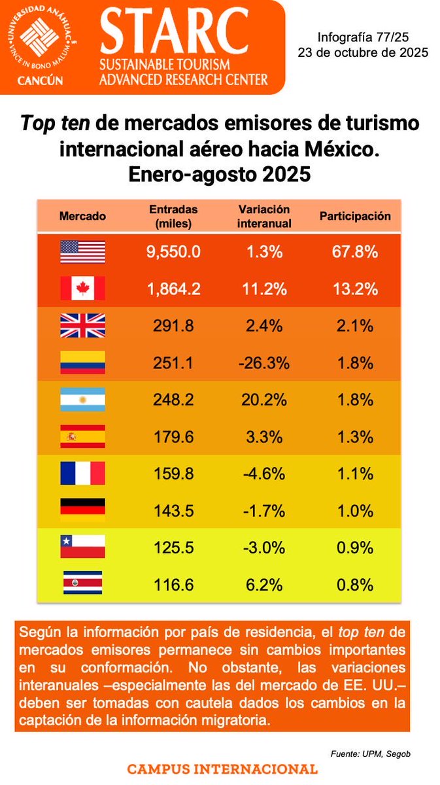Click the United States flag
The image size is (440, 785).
[x=82, y=252]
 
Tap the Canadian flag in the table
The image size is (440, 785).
[x=82, y=288]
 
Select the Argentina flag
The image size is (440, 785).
[x=82, y=400]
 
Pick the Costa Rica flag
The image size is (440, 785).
[x=82, y=582]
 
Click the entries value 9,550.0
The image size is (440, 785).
[x=173, y=252]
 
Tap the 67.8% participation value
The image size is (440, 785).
[x=355, y=252]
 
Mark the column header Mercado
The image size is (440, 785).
[x=82, y=217]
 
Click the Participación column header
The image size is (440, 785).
[x=355, y=216]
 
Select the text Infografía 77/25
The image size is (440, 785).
[x=363, y=39]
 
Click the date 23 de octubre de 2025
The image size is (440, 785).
[x=363, y=53]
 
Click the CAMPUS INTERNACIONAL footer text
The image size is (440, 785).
[x=222, y=769]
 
